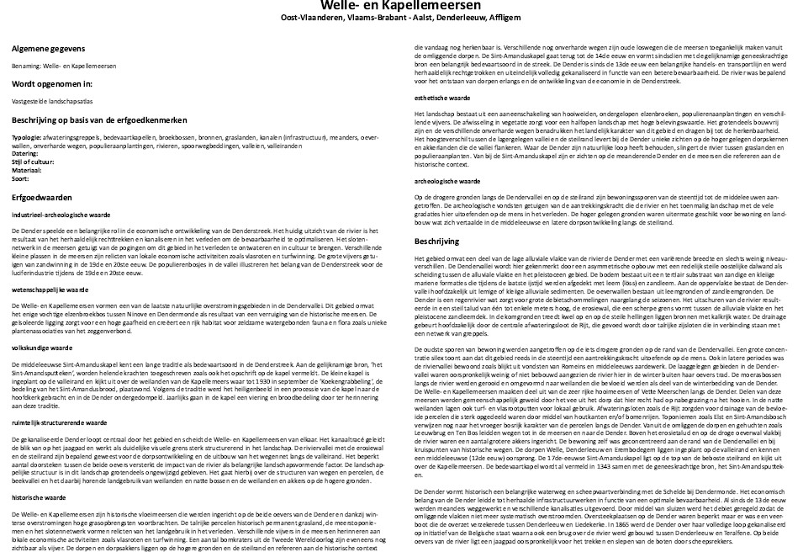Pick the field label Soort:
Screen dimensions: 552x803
coord(22,174)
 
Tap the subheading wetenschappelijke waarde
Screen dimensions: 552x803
coord(50,289)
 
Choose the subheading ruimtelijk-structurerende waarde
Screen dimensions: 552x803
coord(59,422)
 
